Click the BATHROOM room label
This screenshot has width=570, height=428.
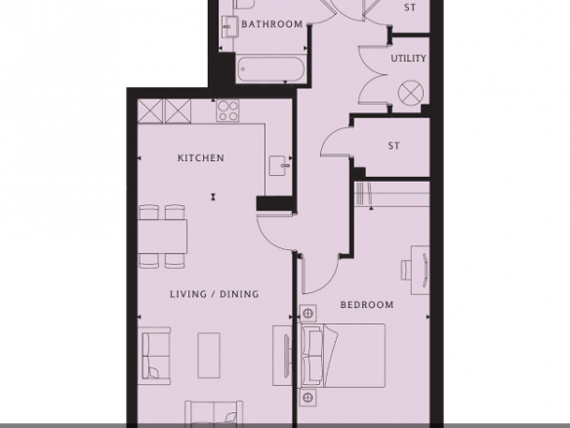[x=272, y=24]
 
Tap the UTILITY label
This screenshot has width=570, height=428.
[x=408, y=59]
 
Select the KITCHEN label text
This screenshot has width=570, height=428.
[x=201, y=158]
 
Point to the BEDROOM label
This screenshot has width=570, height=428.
[x=367, y=305]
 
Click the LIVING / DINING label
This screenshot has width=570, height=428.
[x=215, y=294]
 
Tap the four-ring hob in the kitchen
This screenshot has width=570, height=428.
[x=228, y=110]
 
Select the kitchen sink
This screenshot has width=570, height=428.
[x=279, y=166]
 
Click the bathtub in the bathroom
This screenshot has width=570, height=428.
[x=270, y=68]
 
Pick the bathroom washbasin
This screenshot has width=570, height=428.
[x=229, y=25]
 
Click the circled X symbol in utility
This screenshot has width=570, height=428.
[x=411, y=93]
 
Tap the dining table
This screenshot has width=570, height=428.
[x=163, y=236]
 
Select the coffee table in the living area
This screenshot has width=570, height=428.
[x=209, y=356]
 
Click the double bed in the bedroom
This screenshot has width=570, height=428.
[x=342, y=356]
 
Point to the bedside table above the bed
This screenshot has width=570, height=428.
[x=307, y=314]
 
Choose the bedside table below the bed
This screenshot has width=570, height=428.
[x=307, y=398]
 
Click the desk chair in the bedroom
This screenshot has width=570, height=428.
[x=406, y=270]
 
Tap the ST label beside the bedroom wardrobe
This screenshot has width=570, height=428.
[x=393, y=146]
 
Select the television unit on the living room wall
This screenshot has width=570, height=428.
[x=282, y=356]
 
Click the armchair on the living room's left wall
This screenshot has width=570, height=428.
[x=156, y=356]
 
